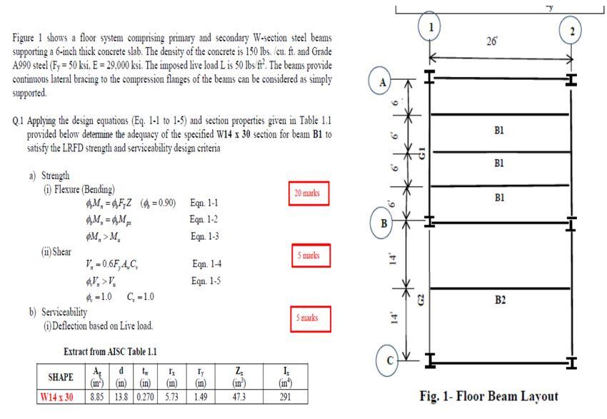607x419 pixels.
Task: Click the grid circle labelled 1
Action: pos(429,28)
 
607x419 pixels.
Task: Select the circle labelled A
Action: pos(383,83)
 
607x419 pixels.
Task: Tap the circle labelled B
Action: pos(383,223)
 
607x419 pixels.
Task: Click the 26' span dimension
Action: pos(492,42)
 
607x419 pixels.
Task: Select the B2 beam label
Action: pos(500,300)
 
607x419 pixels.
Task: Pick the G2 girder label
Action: pos(421,300)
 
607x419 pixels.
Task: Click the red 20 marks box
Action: pos(308,193)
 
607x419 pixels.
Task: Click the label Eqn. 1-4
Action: pos(206,264)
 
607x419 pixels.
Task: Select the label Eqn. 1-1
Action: pos(204,203)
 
